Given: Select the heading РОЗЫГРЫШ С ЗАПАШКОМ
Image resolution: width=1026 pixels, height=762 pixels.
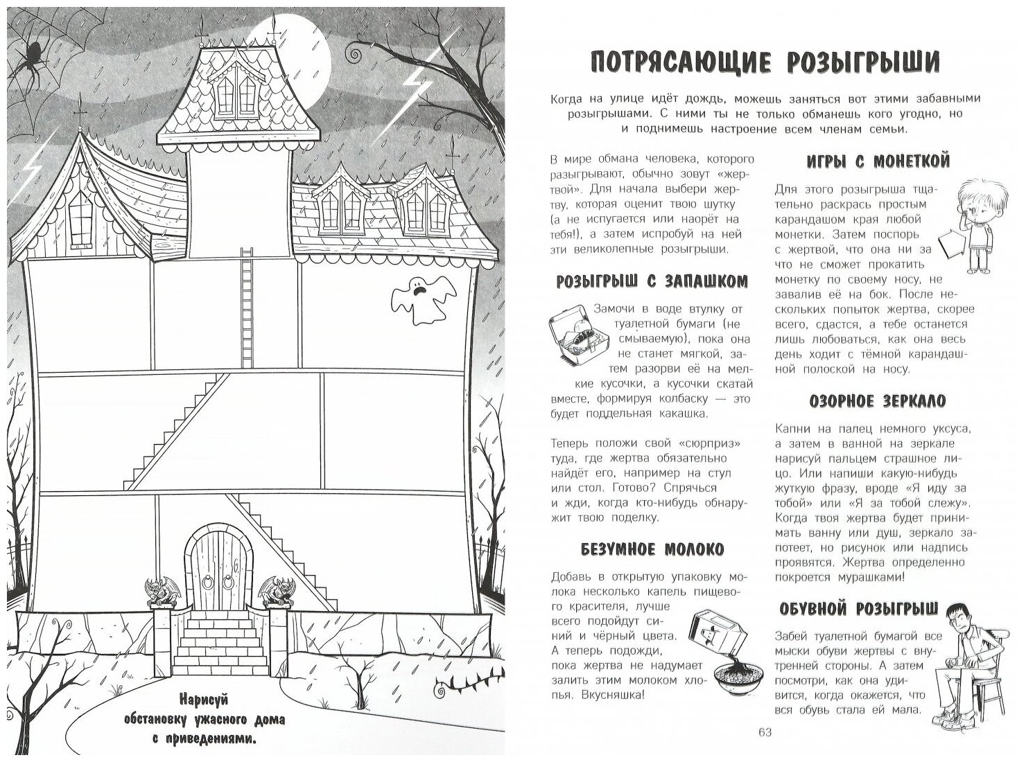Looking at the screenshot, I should click(x=652, y=281).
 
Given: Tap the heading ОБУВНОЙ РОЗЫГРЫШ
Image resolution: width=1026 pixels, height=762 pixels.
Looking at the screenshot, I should click(x=858, y=608).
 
